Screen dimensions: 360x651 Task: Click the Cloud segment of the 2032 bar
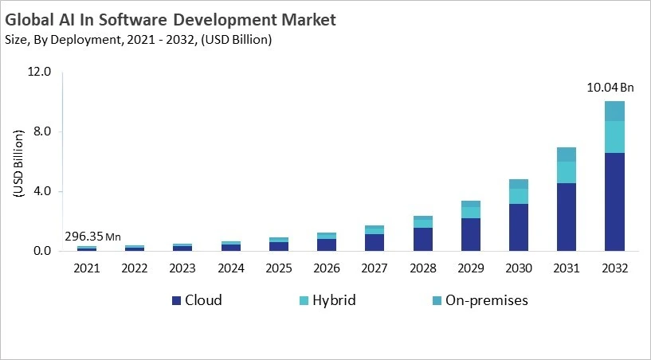614,202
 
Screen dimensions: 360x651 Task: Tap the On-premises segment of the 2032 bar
614,111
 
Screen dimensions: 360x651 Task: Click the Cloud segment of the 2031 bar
566,217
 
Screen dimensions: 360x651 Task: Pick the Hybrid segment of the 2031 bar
566,172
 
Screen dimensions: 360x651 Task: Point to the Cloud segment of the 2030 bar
518,227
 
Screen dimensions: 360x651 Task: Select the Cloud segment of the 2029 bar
470,234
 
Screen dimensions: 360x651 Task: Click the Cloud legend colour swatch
176,301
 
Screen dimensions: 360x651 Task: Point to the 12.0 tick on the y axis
40,72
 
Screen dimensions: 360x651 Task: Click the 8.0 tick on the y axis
42,131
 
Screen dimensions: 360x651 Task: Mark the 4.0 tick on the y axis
42,191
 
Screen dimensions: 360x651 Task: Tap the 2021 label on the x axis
87,268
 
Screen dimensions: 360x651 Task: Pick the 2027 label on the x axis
374,268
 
